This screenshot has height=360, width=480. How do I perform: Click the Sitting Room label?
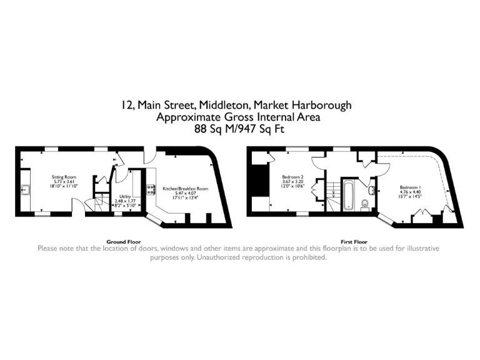[x=63, y=177]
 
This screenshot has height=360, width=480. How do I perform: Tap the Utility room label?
[x=124, y=197]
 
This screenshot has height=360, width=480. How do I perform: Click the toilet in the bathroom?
[x=365, y=203]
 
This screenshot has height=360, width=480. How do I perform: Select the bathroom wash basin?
[x=371, y=191]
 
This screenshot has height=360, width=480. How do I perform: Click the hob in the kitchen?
[x=151, y=190]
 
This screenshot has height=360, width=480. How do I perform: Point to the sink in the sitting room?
[x=26, y=191]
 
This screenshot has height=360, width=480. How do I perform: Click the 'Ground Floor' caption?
[x=124, y=241]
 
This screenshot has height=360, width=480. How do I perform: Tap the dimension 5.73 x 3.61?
[x=63, y=182]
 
